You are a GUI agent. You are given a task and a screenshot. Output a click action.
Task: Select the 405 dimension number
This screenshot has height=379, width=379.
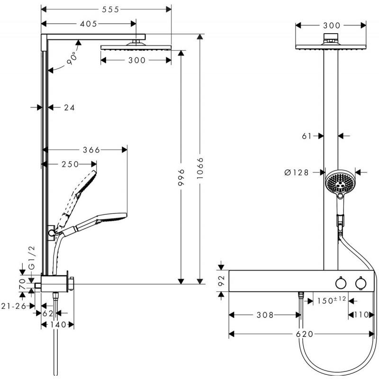point(89,24)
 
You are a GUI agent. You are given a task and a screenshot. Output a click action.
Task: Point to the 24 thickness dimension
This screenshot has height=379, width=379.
point(69,108)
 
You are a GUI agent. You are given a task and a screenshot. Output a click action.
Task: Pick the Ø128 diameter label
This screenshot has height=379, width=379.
point(297,172)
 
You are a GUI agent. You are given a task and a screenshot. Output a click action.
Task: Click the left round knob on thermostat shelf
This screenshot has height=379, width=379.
point(340,283)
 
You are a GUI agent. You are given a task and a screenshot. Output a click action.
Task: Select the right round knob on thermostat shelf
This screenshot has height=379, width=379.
point(361,283)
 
